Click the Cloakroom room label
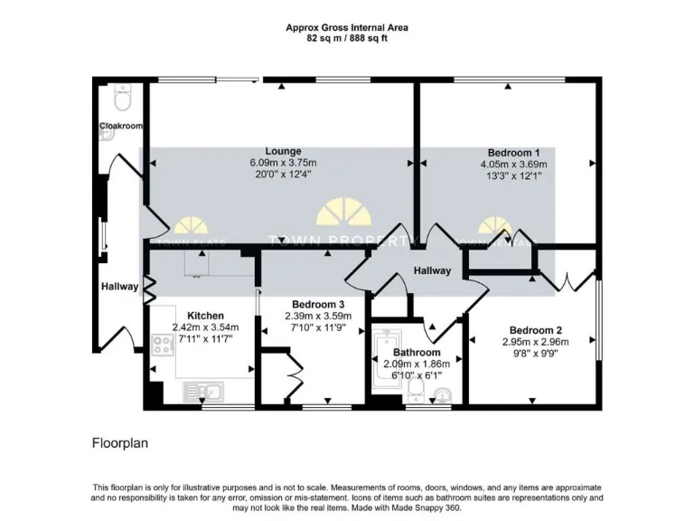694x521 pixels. (x=120, y=126)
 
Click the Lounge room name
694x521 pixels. (x=283, y=151)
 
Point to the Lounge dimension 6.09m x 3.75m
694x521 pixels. (x=283, y=163)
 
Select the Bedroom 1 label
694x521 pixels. (x=513, y=153)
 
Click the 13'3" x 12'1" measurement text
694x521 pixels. (x=513, y=175)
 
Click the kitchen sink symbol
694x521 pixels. (x=206, y=392)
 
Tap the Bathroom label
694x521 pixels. (x=416, y=353)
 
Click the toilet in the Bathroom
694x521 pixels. (x=417, y=390)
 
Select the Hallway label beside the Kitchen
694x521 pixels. (x=119, y=287)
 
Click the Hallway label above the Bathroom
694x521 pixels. (x=432, y=270)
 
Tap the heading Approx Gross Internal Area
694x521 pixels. (x=347, y=28)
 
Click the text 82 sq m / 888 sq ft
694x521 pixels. (x=347, y=40)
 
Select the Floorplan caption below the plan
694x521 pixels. (x=119, y=444)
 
